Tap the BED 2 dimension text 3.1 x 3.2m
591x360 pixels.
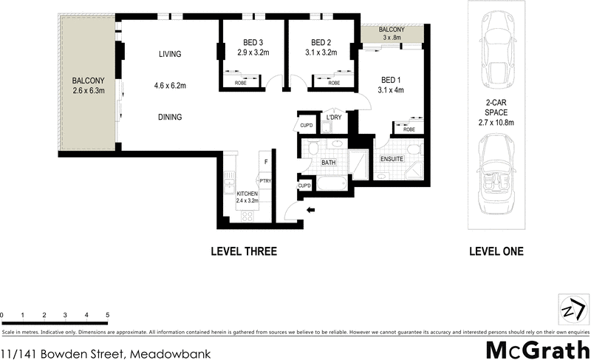click(319, 52)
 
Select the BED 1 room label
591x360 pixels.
click(392, 80)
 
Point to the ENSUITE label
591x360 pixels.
click(392, 159)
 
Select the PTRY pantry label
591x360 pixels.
click(264, 180)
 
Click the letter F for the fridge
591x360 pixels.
click(265, 160)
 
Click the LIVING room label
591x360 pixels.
click(170, 54)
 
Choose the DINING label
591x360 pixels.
click(169, 117)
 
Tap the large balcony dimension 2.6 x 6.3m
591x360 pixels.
click(89, 91)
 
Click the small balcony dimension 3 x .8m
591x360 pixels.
click(391, 36)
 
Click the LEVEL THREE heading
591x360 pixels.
click(244, 252)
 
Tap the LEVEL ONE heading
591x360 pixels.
click(496, 252)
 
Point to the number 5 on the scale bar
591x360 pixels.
click(108, 316)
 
